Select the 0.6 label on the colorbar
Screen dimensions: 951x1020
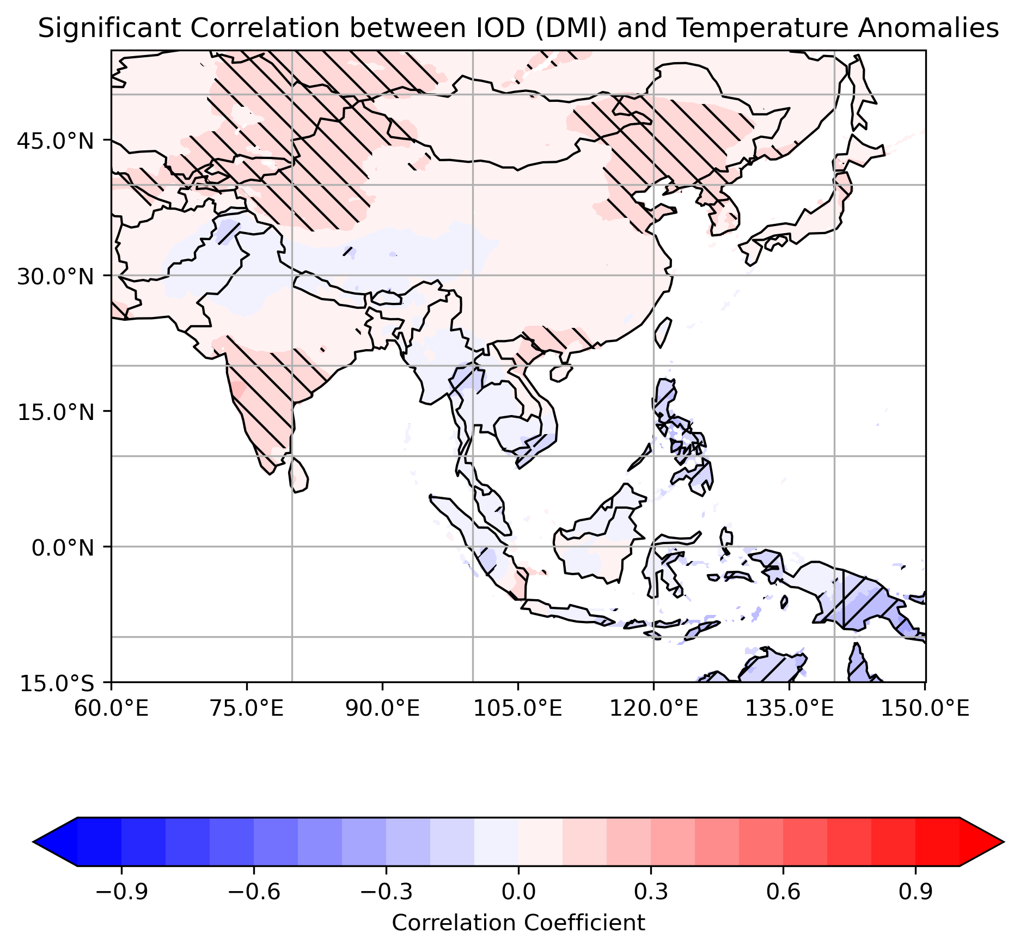pyautogui.click(x=783, y=892)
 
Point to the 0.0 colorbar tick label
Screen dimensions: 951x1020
pyautogui.click(x=518, y=892)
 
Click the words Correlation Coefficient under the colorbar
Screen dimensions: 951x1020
pyautogui.click(x=518, y=923)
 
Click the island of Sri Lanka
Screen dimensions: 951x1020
pyautogui.click(x=299, y=475)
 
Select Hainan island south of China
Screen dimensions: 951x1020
pyautogui.click(x=561, y=373)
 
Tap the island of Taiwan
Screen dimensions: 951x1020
pyautogui.click(x=663, y=332)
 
